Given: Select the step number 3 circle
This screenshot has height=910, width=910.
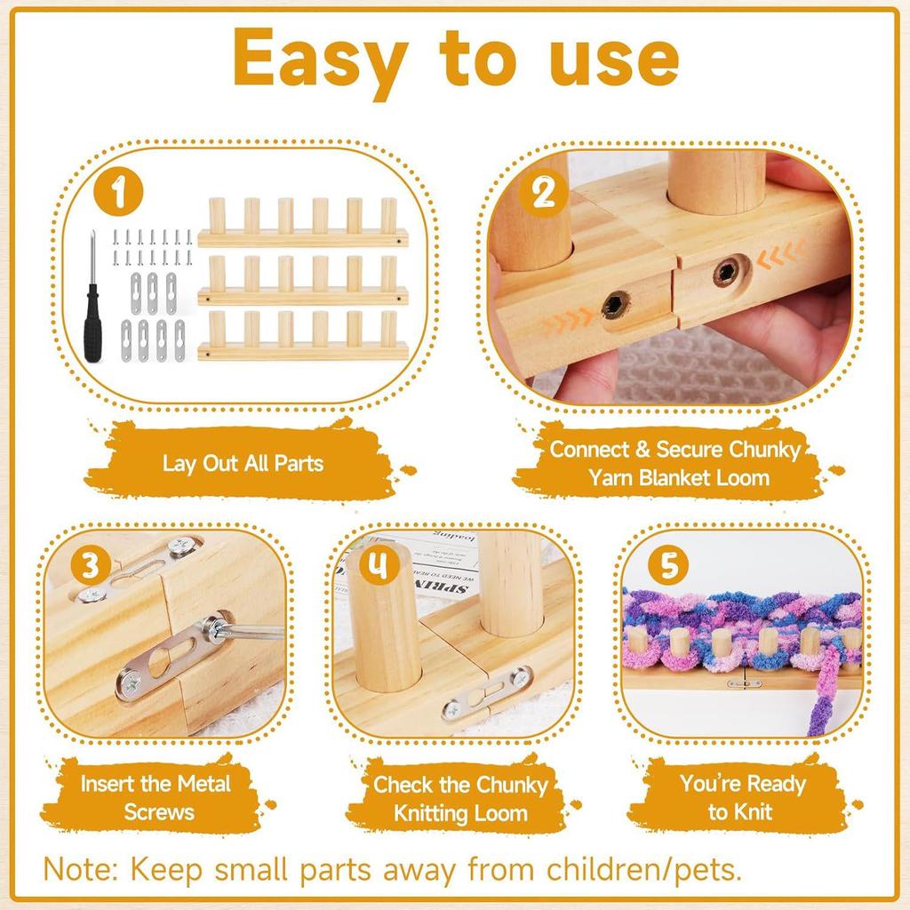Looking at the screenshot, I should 93,563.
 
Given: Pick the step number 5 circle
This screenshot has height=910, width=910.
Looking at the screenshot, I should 668,565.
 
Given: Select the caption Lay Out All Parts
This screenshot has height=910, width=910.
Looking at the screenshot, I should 243,463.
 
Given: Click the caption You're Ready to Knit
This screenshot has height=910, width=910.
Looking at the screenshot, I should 742,797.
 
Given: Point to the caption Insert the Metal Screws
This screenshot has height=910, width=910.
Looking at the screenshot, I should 156,797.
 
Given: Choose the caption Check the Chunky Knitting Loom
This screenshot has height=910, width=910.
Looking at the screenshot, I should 459,798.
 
